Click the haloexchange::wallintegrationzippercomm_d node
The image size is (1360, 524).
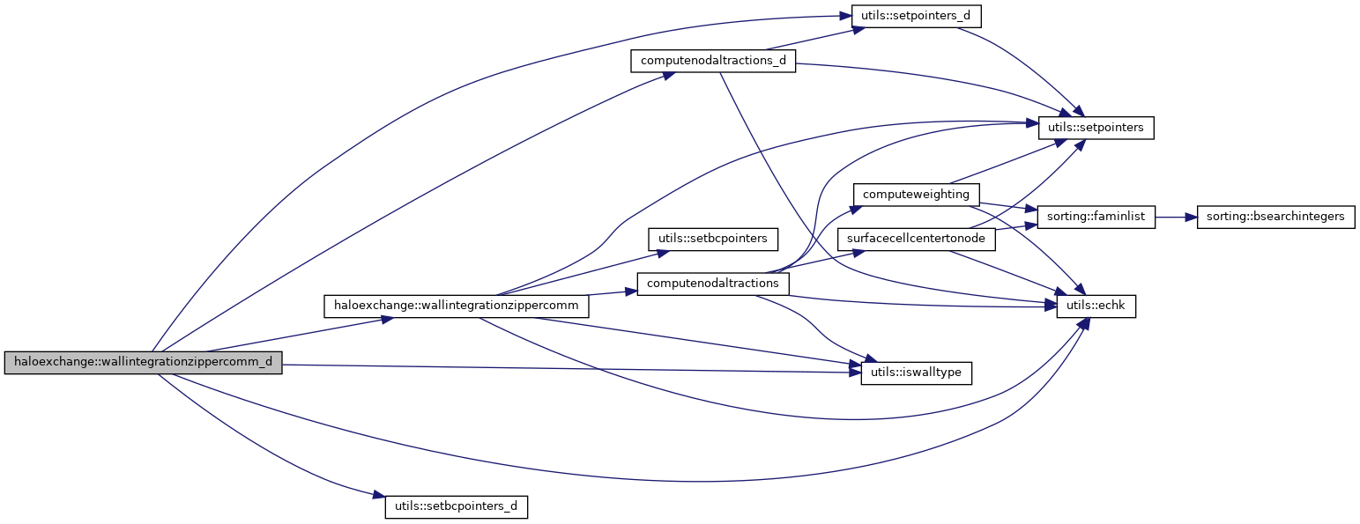click(x=143, y=363)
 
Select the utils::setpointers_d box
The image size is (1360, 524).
click(x=903, y=16)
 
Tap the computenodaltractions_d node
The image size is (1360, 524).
click(x=713, y=62)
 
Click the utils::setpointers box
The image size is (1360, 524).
click(x=1096, y=128)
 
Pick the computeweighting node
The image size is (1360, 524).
click(x=916, y=194)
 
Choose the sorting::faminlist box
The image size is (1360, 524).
click(x=1096, y=217)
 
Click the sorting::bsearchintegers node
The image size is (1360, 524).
click(x=1275, y=217)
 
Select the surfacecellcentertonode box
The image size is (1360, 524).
click(x=916, y=239)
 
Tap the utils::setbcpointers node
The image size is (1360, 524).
click(x=713, y=238)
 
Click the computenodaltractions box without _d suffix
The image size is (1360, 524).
click(x=713, y=284)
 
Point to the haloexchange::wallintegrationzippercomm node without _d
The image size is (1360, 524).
click(x=457, y=306)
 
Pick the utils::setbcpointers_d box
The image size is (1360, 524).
click(x=456, y=507)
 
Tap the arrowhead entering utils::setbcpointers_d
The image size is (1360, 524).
click(x=379, y=498)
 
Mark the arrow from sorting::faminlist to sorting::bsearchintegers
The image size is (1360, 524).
click(x=1175, y=217)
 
